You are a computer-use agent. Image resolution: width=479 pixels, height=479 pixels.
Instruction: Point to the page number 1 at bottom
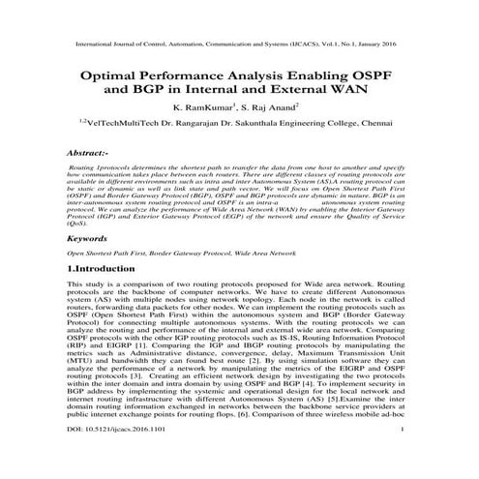[x=400, y=460]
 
